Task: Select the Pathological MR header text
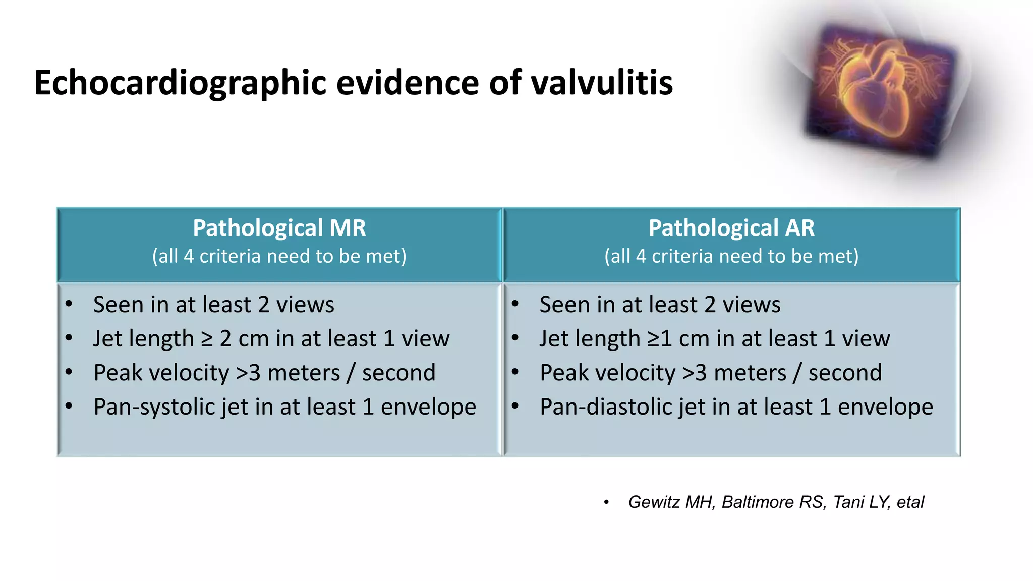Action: click(279, 228)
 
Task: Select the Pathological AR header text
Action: click(731, 228)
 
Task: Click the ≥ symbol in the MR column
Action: click(207, 339)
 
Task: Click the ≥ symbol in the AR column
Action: click(653, 339)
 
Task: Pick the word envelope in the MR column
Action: click(428, 407)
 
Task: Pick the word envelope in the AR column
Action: click(885, 407)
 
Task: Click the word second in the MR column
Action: click(398, 373)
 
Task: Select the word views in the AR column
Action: click(752, 305)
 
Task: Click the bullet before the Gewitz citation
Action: click(606, 502)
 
